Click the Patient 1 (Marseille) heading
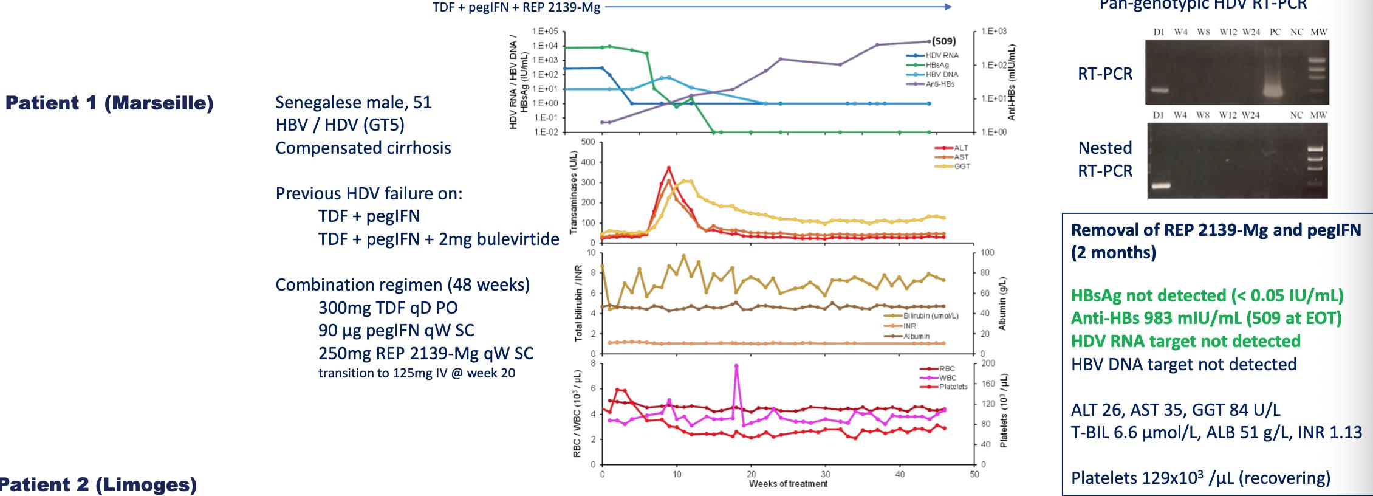coord(109,103)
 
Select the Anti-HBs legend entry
coord(939,84)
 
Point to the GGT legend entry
coord(962,166)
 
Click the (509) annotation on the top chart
coord(943,41)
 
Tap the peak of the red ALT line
coord(669,167)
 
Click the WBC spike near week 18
coord(736,366)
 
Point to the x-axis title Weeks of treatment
coord(788,484)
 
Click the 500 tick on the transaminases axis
coord(588,142)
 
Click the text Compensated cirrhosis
coord(363,148)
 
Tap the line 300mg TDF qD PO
coord(388,308)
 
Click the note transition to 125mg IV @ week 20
coord(416,373)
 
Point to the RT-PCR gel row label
coord(1104,74)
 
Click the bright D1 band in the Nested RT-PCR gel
coord(1160,185)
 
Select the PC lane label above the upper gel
coord(1275,32)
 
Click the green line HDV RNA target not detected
coord(1185,341)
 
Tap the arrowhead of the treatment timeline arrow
coord(948,7)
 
